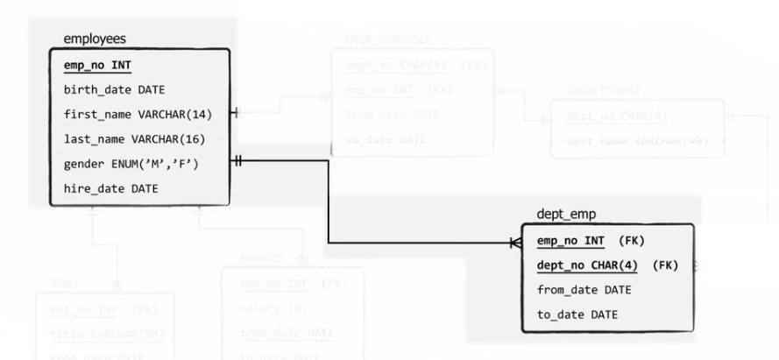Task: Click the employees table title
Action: (x=95, y=39)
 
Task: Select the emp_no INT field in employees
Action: (x=98, y=66)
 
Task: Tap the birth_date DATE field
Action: (x=114, y=89)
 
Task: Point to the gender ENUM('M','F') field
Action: (x=131, y=163)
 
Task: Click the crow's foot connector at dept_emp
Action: (x=516, y=243)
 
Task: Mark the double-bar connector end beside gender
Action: (x=237, y=161)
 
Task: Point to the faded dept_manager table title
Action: (x=387, y=39)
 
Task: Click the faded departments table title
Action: (x=603, y=89)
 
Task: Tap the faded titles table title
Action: (x=64, y=282)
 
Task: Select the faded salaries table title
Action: (x=261, y=258)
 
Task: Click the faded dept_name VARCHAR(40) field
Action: (x=638, y=140)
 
